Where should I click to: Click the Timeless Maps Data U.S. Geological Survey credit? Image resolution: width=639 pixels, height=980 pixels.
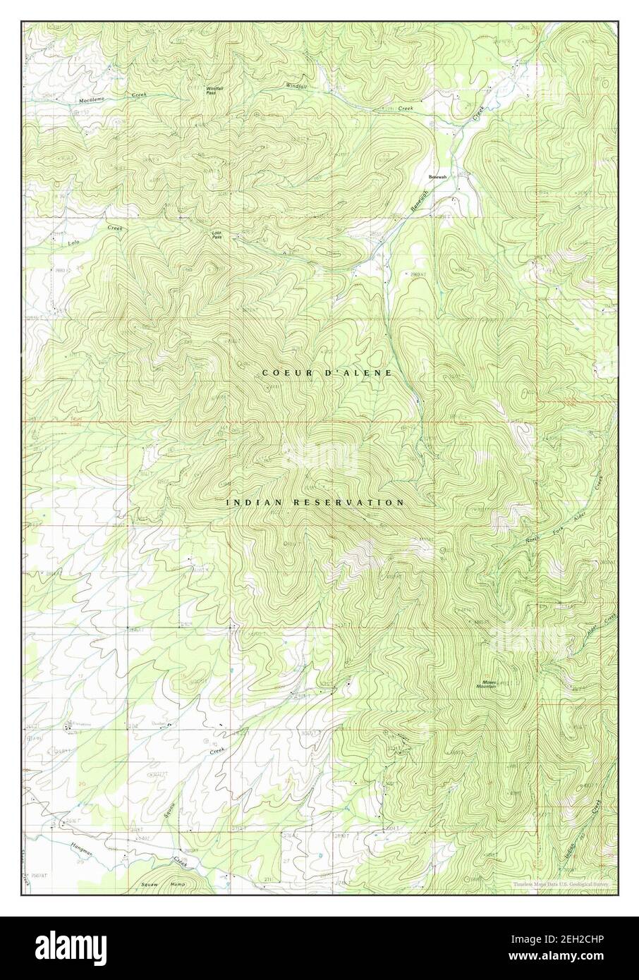tap(560, 883)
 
